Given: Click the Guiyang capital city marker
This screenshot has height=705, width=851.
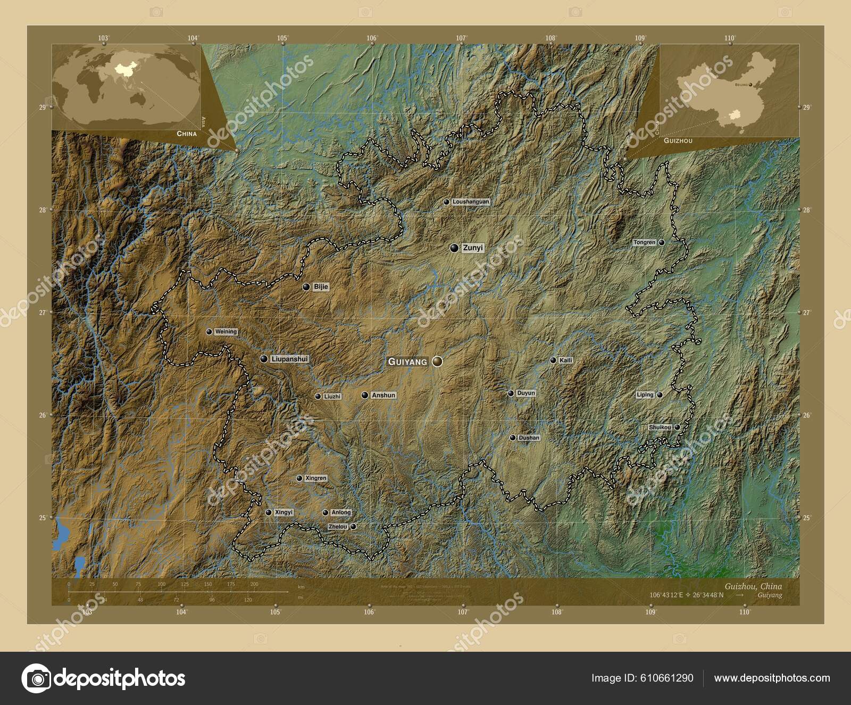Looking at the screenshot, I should pyautogui.click(x=437, y=362).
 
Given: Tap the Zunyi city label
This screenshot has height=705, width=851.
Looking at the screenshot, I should pyautogui.click(x=473, y=248).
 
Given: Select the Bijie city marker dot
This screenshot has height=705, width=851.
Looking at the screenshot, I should pyautogui.click(x=306, y=287).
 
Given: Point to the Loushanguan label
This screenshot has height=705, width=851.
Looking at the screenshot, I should pyautogui.click(x=470, y=202).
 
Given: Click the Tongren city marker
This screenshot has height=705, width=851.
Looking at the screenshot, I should pyautogui.click(x=662, y=242).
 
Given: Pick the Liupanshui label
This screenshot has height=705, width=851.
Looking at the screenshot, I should pyautogui.click(x=289, y=359).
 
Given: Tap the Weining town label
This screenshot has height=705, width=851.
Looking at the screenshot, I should pyautogui.click(x=226, y=332).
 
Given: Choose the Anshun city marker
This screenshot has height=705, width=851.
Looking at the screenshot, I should pyautogui.click(x=364, y=395).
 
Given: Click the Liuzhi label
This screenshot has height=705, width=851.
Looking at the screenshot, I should pyautogui.click(x=332, y=397).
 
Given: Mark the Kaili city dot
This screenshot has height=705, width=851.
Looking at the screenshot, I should pyautogui.click(x=553, y=360).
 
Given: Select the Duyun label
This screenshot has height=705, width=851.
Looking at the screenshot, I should pyautogui.click(x=526, y=394).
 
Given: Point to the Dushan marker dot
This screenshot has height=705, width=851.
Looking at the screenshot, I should pyautogui.click(x=513, y=438).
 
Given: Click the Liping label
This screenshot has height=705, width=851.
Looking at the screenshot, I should pyautogui.click(x=645, y=395).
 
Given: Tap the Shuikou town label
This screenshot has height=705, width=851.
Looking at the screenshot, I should pyautogui.click(x=660, y=427).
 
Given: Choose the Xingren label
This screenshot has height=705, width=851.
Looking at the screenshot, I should pyautogui.click(x=316, y=478).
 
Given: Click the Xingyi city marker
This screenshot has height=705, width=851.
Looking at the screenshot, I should pyautogui.click(x=269, y=512).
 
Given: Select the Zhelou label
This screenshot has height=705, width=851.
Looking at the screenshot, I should pyautogui.click(x=338, y=527).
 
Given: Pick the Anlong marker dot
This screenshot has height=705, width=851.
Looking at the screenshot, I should pyautogui.click(x=326, y=513).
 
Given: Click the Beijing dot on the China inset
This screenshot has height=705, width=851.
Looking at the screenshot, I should pyautogui.click(x=750, y=85).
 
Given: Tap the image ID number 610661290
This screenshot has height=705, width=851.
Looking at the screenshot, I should pyautogui.click(x=666, y=678).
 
